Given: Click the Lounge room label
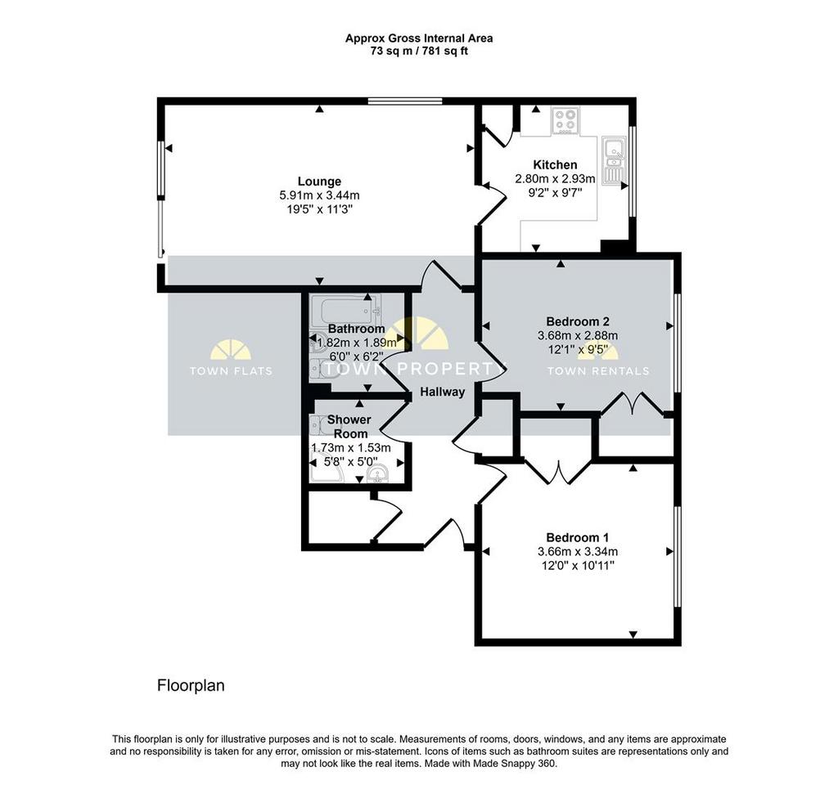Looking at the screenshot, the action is (x=319, y=182).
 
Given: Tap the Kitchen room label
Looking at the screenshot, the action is (x=555, y=164).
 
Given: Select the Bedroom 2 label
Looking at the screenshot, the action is (x=578, y=321).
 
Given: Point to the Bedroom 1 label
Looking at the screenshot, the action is (x=577, y=537).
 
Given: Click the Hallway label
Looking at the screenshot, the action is (x=443, y=392).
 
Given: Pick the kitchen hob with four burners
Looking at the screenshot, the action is (x=564, y=120).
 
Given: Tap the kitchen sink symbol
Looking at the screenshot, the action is (x=612, y=161).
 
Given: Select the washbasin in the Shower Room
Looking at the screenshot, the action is (x=378, y=473).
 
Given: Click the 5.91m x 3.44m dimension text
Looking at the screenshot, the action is (x=319, y=195).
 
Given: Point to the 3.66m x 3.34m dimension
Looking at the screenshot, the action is (x=578, y=552).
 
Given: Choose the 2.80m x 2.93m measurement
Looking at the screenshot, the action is (x=555, y=178).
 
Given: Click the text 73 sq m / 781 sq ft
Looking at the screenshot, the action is (x=419, y=52).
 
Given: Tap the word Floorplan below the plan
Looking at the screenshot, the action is (x=191, y=685).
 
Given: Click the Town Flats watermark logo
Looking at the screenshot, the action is (x=230, y=357).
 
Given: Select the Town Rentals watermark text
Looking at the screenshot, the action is (x=598, y=370).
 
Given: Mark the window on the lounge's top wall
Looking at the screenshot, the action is (x=405, y=101).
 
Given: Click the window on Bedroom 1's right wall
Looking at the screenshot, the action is (x=677, y=556).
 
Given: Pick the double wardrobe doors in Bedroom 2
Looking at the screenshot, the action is (x=633, y=404).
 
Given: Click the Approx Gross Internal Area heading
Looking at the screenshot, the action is (x=419, y=38).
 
